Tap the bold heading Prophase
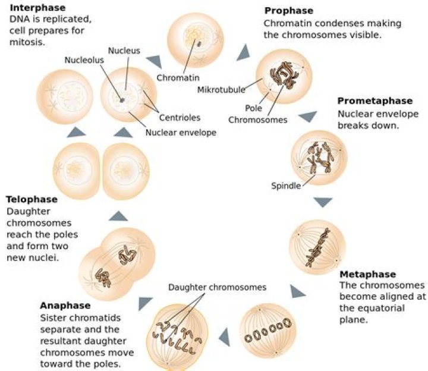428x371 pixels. pyautogui.click(x=288, y=11)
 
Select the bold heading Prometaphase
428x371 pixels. pyautogui.click(x=374, y=101)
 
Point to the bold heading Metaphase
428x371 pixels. pyautogui.click(x=367, y=275)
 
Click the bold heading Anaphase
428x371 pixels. pyautogui.click(x=65, y=306)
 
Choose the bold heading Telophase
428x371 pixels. pyautogui.click(x=32, y=200)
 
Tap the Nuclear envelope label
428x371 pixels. pyautogui.click(x=181, y=132)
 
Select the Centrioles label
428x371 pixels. pyautogui.click(x=180, y=118)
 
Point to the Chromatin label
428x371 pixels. pyautogui.click(x=178, y=77)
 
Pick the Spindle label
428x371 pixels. pyautogui.click(x=286, y=185)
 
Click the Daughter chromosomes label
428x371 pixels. pyautogui.click(x=217, y=287)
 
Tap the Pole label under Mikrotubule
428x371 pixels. pyautogui.click(x=254, y=108)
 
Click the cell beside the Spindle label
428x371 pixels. pyautogui.click(x=319, y=157)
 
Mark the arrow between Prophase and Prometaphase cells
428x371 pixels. pyautogui.click(x=307, y=117)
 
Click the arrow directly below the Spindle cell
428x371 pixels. pyautogui.click(x=323, y=203)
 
